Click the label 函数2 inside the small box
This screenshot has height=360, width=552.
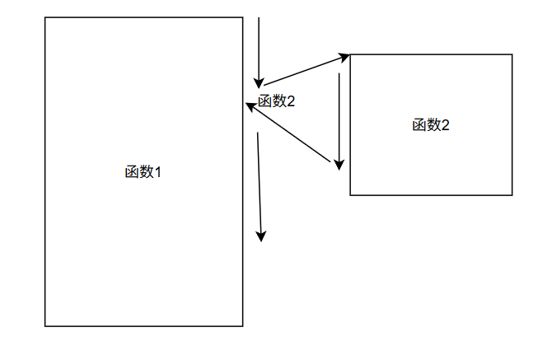click(431, 125)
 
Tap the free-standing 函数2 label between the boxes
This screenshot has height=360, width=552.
click(276, 101)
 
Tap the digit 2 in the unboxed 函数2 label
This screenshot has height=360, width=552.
click(290, 101)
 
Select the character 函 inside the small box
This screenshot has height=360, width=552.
click(419, 125)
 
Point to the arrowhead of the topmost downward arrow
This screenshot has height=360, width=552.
click(259, 82)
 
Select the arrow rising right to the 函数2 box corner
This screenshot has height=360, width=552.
click(305, 71)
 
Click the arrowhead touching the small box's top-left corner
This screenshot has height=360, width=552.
click(345, 57)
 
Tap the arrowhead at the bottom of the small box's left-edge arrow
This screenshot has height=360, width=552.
click(339, 166)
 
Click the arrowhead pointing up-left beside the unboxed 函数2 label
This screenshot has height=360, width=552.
click(250, 105)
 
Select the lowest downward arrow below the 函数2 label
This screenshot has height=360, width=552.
click(260, 185)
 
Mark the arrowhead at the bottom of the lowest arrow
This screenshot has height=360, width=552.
click(261, 236)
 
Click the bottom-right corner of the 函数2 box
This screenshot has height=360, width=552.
click(512, 195)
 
